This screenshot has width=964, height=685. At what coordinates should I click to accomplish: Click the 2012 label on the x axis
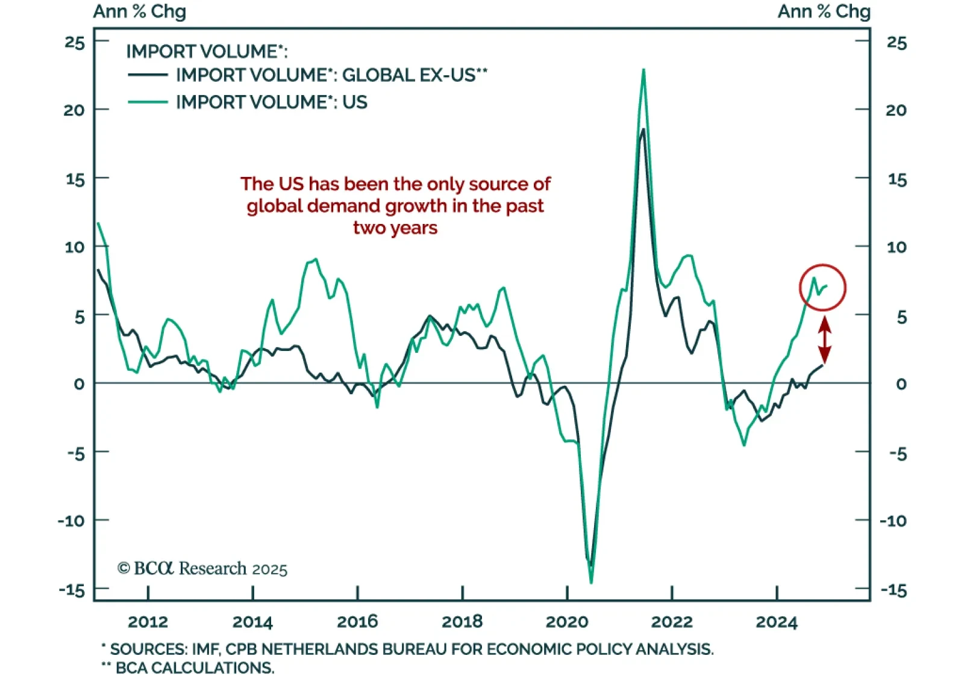point(148,622)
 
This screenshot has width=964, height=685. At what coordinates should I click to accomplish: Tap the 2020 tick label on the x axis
point(566,622)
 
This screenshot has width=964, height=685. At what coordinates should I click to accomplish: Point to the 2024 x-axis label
point(776,622)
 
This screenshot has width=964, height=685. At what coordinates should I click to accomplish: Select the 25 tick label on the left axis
point(75,43)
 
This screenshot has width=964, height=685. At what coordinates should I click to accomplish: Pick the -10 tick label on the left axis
point(72,521)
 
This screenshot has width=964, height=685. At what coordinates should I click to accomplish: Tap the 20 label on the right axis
point(896,110)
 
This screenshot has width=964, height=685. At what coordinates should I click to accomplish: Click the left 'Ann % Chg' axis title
point(139,11)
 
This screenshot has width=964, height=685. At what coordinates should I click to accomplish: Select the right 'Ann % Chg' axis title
point(824,11)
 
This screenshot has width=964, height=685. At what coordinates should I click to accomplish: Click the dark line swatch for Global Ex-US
point(148,75)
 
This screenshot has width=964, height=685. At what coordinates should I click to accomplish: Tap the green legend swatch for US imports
point(148,102)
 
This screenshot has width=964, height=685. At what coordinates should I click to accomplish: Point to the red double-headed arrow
point(824,340)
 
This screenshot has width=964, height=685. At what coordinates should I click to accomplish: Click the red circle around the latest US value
point(822,288)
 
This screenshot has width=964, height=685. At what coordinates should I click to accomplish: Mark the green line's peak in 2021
point(643,70)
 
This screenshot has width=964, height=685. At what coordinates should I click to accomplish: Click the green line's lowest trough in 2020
point(590,582)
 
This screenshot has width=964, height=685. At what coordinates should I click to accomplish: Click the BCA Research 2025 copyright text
point(202,569)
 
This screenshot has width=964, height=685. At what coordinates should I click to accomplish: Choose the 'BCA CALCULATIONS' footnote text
point(195,668)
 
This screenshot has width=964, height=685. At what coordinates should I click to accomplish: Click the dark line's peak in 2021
point(643,129)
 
